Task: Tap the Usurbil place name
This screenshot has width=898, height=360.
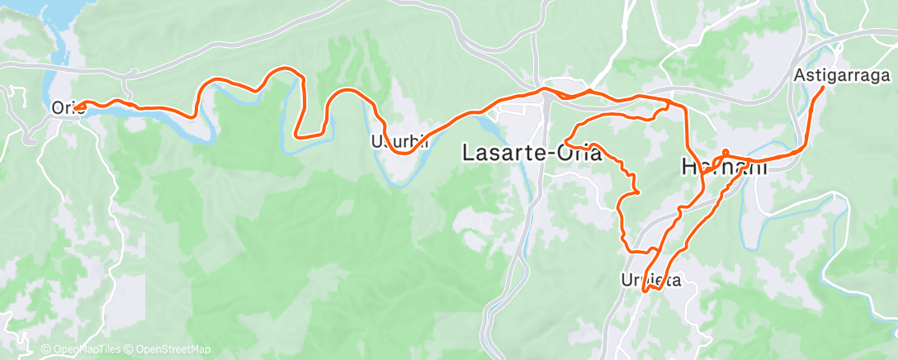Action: (399, 141)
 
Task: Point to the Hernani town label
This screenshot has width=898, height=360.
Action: (723, 167)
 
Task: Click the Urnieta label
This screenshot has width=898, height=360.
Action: (650, 280)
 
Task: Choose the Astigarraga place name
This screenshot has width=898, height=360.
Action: (843, 75)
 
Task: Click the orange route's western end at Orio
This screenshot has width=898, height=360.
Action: (80, 106)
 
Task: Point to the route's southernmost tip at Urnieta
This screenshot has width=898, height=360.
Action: (646, 288)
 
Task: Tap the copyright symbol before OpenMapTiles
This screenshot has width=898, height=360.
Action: (45, 350)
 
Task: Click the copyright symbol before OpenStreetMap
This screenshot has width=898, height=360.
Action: (132, 350)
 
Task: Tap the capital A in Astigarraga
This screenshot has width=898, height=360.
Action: (799, 75)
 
